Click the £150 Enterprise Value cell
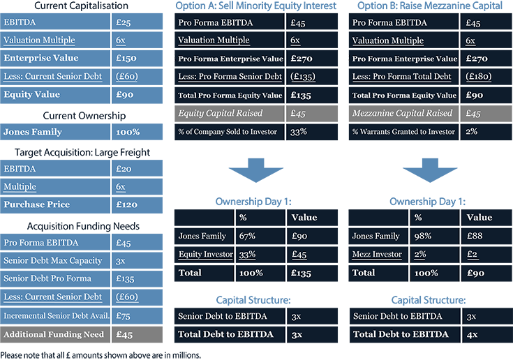[x=137, y=58]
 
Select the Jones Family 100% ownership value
[x=137, y=132]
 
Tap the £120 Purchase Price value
[x=137, y=204]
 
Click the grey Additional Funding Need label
[x=55, y=334]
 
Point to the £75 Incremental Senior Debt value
[x=137, y=316]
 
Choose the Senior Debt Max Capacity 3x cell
[x=137, y=261]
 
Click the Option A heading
[x=256, y=6]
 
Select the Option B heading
[x=430, y=6]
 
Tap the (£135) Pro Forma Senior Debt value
[x=312, y=77]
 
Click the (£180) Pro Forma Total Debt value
[x=486, y=77]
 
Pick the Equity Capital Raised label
[x=230, y=114]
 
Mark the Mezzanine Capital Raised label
[x=403, y=114]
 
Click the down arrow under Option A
[x=256, y=170]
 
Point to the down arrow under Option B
[x=430, y=170]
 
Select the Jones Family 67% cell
[x=260, y=236]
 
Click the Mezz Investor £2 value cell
[x=486, y=255]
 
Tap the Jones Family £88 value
[x=486, y=236]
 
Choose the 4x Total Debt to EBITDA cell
[x=487, y=334]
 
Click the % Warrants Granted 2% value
[x=486, y=132]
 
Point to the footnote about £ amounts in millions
[x=101, y=355]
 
